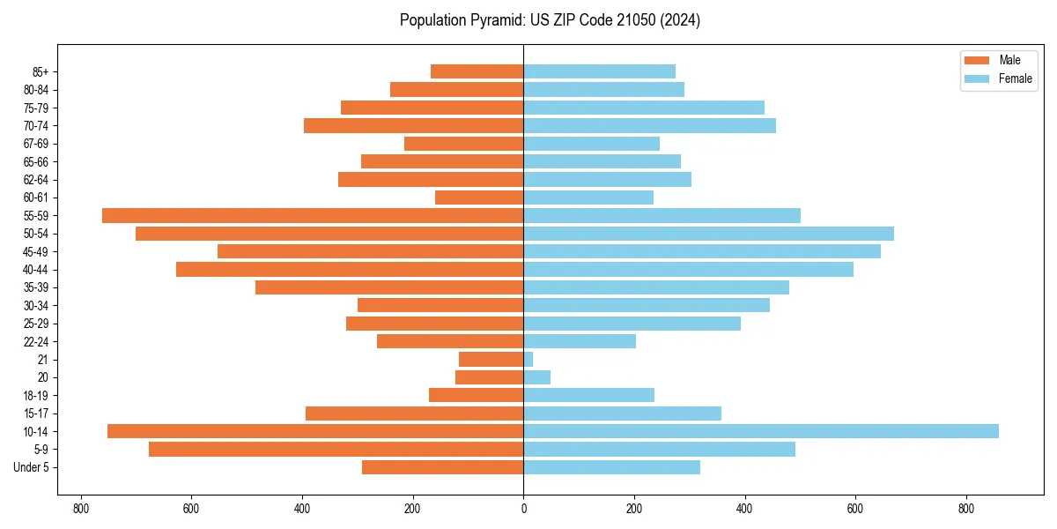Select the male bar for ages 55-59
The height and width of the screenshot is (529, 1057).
pos(313,215)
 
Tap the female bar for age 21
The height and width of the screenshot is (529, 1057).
pos(528,359)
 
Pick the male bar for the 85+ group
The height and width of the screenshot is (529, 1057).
pos(477,71)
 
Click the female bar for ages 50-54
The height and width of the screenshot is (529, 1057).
pos(708,234)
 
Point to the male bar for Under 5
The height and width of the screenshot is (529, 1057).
pos(442,467)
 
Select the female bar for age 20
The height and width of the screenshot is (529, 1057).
pos(537,377)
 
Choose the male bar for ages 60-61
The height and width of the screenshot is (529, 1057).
pos(479,197)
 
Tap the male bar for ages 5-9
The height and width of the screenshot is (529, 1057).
pos(336,449)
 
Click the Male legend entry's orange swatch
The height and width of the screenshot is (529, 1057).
pos(978,60)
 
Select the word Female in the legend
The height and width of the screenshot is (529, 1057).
pos(1016,78)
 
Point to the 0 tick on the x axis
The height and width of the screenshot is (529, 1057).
pos(523,508)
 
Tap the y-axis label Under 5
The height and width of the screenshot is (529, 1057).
pos(32,467)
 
